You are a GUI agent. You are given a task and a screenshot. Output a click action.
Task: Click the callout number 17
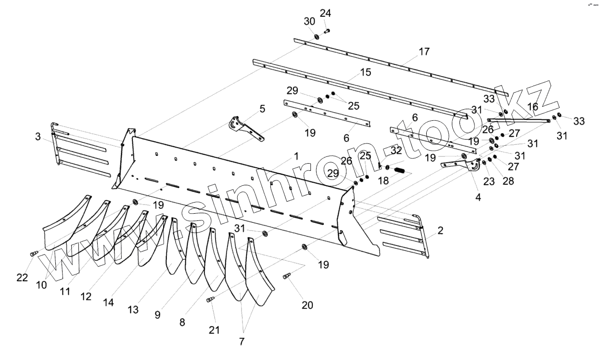[x=424, y=51]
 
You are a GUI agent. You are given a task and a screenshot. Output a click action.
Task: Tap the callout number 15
[x=366, y=72]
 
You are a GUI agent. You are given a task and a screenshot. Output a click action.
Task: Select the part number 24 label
[x=325, y=13]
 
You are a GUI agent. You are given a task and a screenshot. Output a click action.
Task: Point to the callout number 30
[x=309, y=21]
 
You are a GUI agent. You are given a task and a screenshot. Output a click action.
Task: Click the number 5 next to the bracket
[x=262, y=109]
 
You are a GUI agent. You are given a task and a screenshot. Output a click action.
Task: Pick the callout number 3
[x=38, y=136]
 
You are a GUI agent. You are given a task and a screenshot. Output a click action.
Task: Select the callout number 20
[x=307, y=305]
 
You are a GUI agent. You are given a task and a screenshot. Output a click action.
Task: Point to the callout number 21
[x=214, y=330]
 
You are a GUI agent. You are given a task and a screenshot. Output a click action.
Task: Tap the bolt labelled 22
[x=34, y=253]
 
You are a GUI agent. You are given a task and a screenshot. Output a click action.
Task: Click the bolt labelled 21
[x=210, y=300]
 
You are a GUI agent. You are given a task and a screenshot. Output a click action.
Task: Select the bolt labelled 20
[x=287, y=276]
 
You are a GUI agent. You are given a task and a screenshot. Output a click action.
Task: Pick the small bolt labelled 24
[x=327, y=31]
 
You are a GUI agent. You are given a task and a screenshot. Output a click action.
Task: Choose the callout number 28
[x=508, y=181]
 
